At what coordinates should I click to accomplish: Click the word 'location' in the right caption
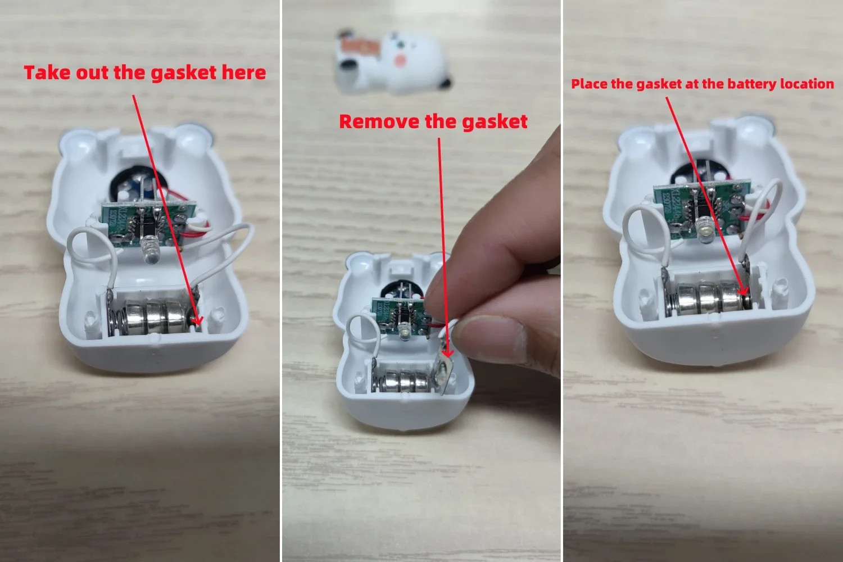[x=807, y=84]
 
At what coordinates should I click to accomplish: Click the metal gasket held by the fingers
[x=444, y=371]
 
